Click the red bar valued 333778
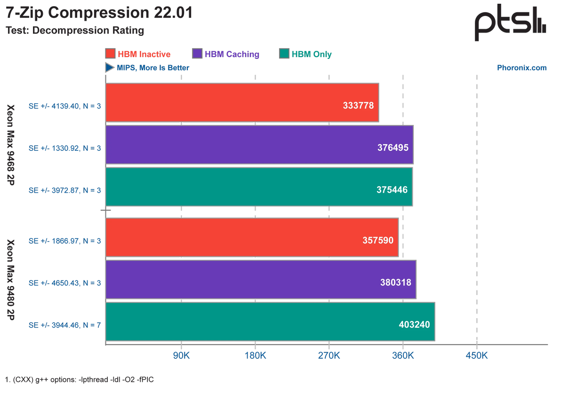(x=242, y=103)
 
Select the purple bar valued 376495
(x=259, y=145)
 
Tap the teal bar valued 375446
(x=258, y=187)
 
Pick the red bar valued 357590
(x=252, y=238)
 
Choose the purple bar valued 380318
(x=261, y=280)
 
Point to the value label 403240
(x=414, y=324)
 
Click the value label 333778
(x=359, y=106)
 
